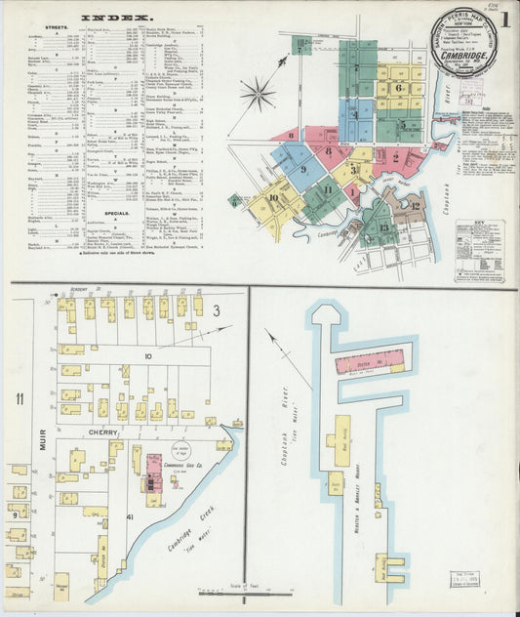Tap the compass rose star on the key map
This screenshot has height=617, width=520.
[259, 95]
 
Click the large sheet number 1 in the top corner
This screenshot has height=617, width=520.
[506, 19]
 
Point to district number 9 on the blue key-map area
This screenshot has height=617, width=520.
[303, 169]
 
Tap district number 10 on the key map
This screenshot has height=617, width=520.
[272, 198]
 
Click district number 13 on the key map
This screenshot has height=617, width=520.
[383, 228]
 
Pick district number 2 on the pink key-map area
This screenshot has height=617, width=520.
[395, 154]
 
